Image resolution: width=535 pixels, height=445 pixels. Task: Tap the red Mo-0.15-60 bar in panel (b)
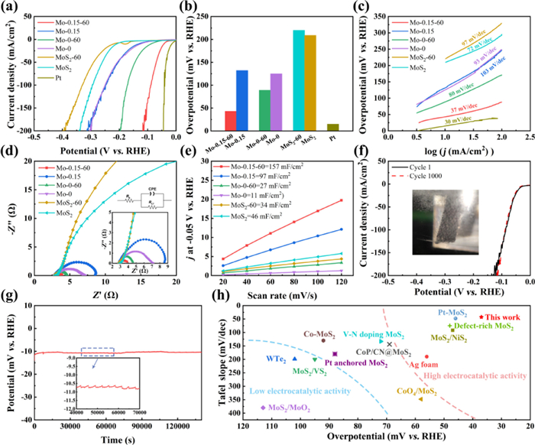tap(230, 122)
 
